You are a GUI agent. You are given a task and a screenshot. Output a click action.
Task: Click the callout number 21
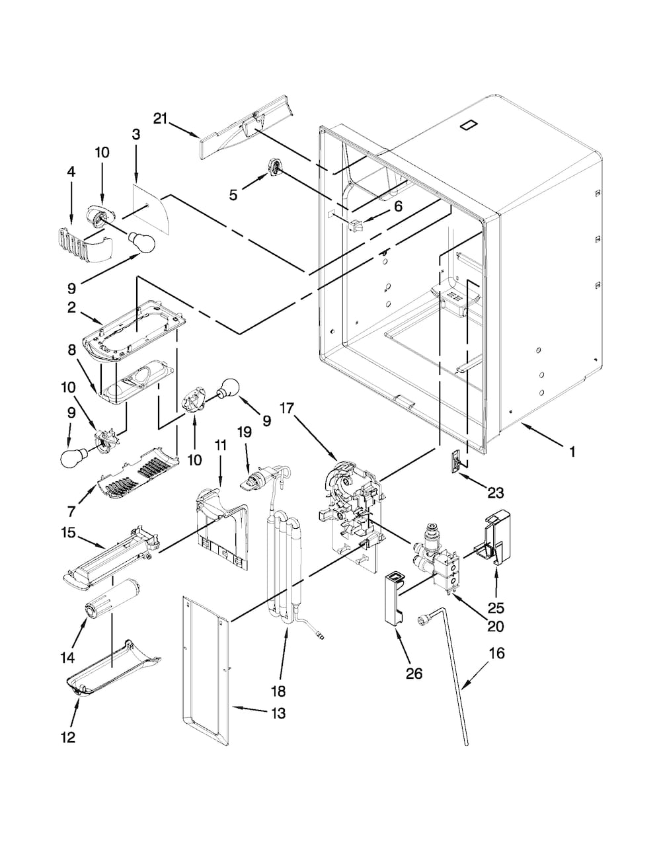160,118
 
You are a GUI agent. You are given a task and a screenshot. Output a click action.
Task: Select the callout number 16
496,653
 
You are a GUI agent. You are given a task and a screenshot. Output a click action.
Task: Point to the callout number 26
413,674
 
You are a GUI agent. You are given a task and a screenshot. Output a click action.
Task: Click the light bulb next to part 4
141,243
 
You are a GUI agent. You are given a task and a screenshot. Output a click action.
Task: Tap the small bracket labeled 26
394,598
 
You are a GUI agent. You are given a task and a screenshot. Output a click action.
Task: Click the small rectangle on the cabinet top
468,124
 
